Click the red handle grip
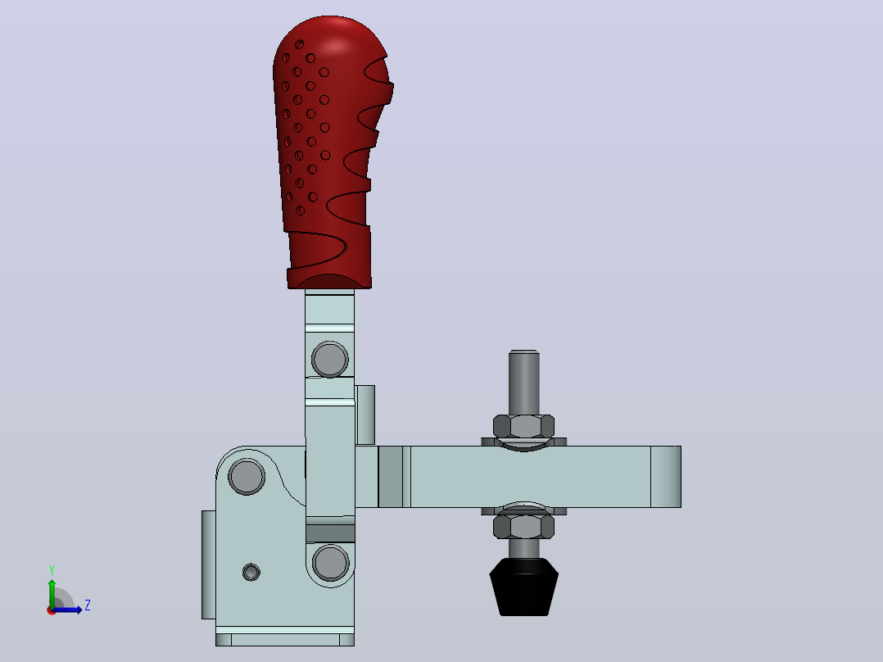point(329,152)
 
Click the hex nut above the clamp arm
point(523,427)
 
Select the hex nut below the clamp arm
point(523,527)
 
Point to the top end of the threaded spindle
point(523,352)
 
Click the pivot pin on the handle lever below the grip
point(329,359)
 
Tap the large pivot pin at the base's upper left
point(247,476)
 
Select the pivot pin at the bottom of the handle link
point(331,562)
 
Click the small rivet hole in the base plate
point(251,573)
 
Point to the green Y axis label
point(52,569)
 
